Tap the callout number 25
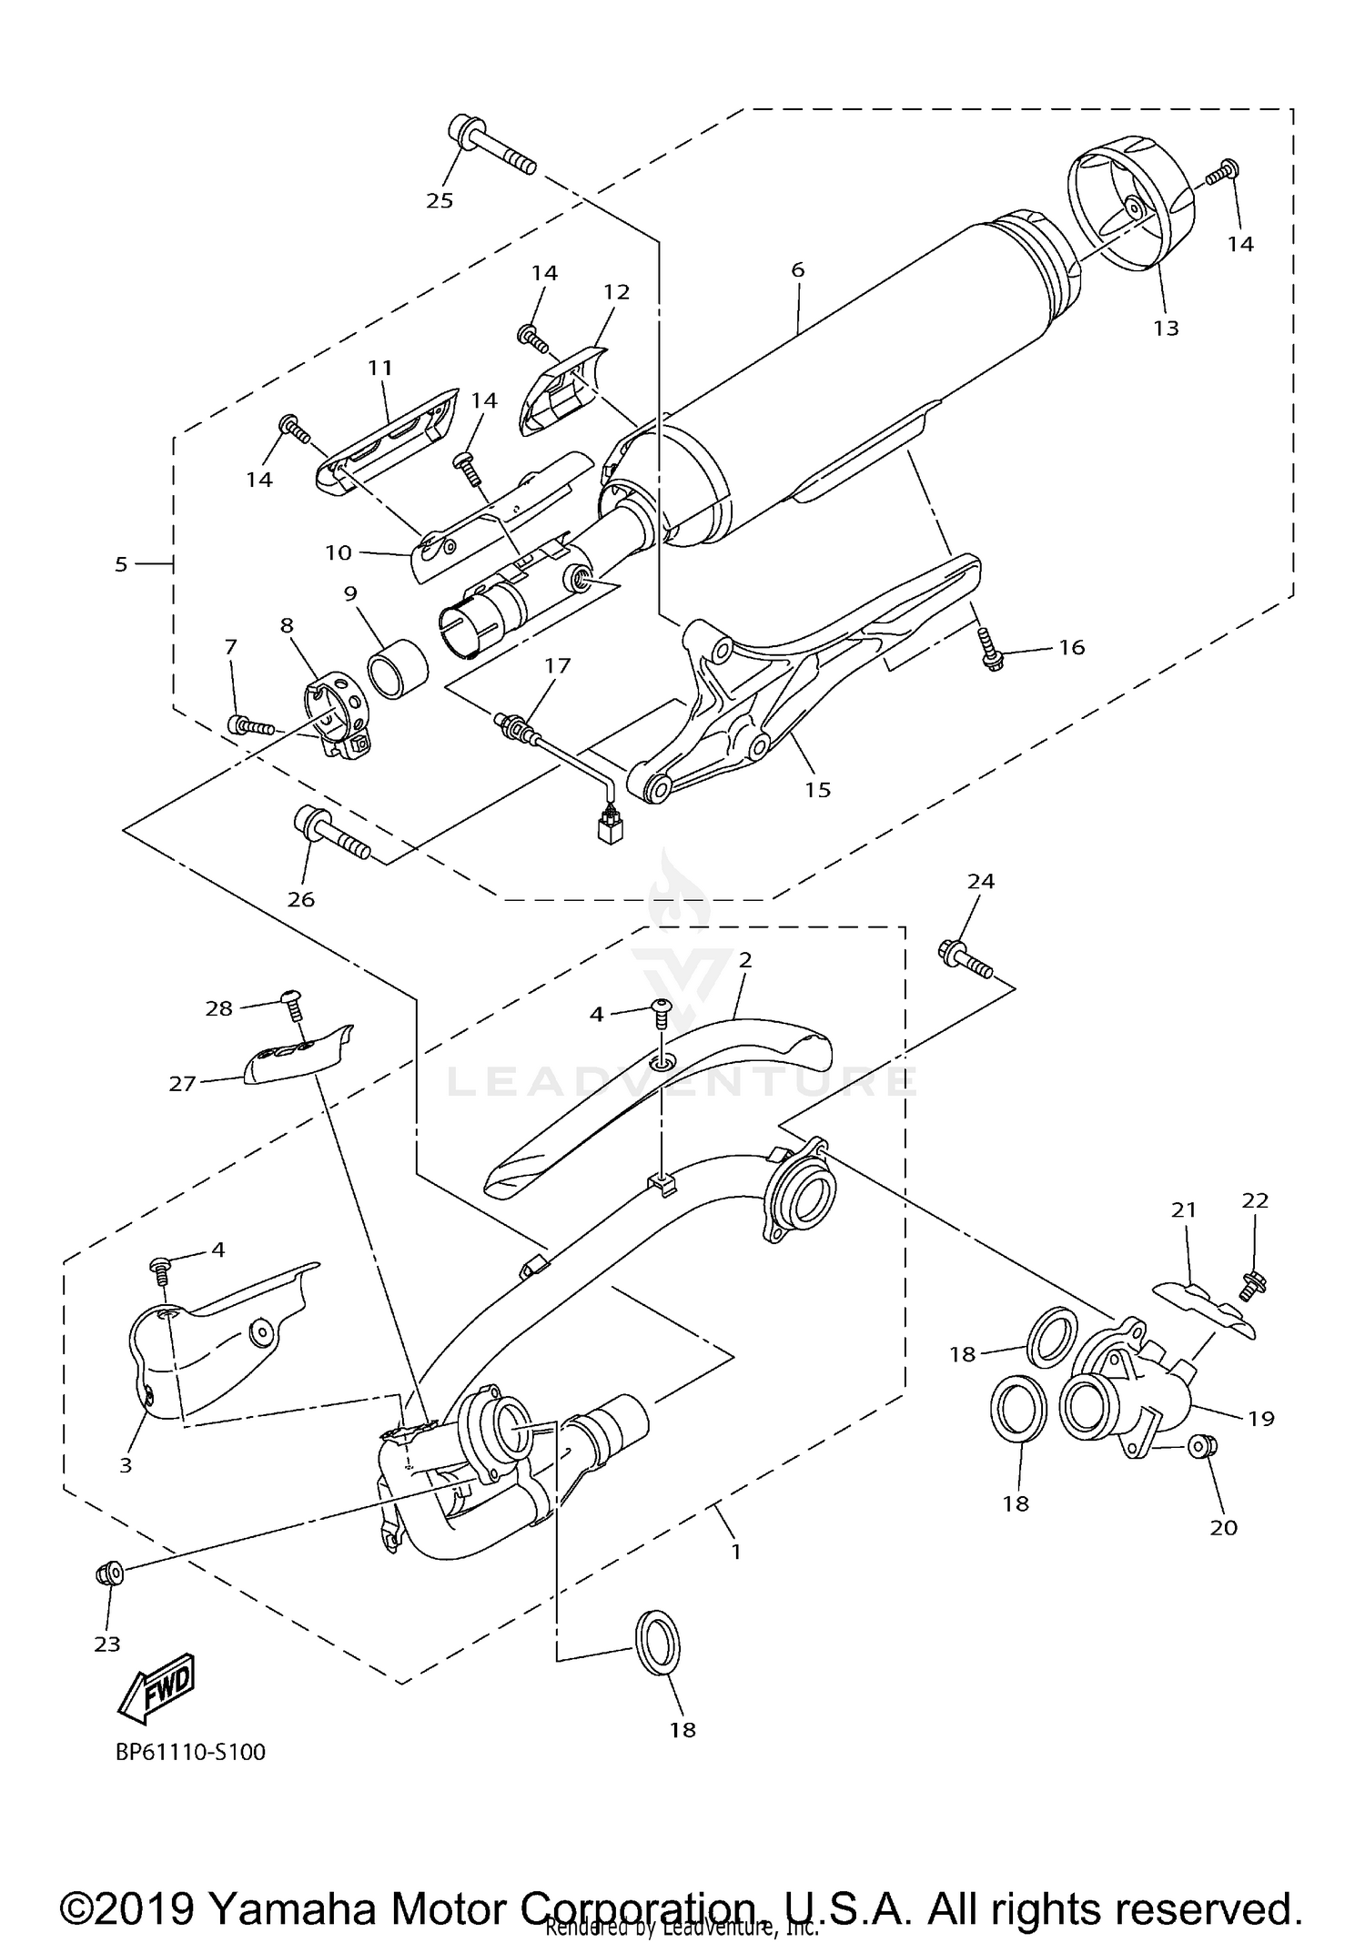440,201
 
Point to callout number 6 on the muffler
798,269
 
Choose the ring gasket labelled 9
399,670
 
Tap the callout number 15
817,789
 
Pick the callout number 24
981,880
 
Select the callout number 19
1261,1417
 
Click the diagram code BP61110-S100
190,1752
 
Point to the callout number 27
183,1083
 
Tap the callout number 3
126,1464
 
